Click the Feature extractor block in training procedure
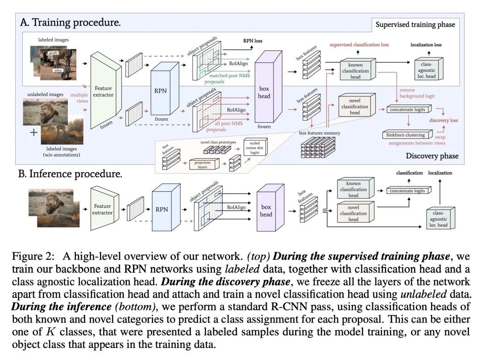pyautogui.click(x=104, y=91)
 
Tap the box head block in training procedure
pyautogui.click(x=264, y=92)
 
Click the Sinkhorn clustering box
pyautogui.click(x=406, y=134)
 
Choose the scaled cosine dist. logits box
pyautogui.click(x=255, y=148)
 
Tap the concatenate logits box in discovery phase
pyautogui.click(x=407, y=109)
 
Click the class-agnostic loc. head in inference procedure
pyautogui.click(x=439, y=218)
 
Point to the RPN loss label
pyautogui.click(x=253, y=41)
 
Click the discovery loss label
pyautogui.click(x=444, y=120)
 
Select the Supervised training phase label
pyautogui.click(x=415, y=24)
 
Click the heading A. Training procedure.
pyautogui.click(x=71, y=22)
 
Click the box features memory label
pyautogui.click(x=319, y=133)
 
